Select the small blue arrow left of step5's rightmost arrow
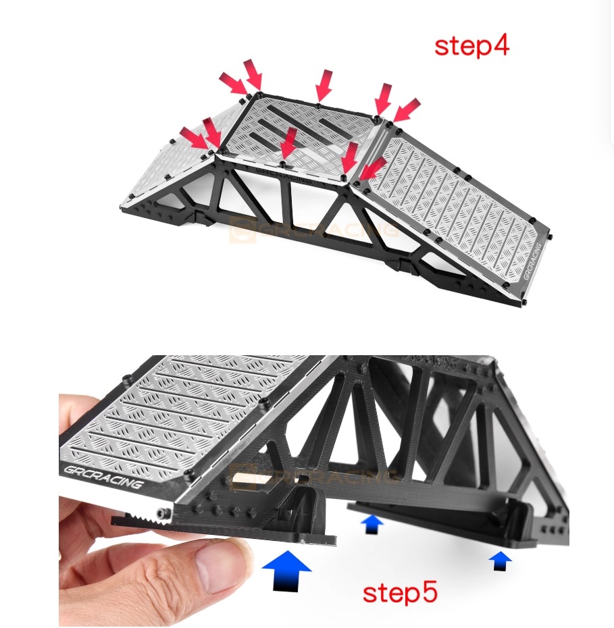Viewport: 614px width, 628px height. [x=372, y=524]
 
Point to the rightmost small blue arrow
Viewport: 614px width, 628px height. [x=500, y=560]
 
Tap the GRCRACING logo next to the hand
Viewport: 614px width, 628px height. [x=101, y=476]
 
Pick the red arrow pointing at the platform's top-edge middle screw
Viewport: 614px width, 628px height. [x=324, y=84]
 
